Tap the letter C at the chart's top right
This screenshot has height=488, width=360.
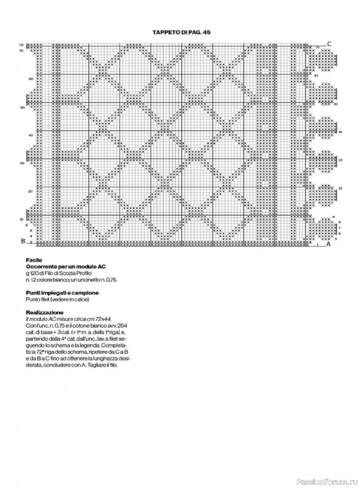[x=329, y=43]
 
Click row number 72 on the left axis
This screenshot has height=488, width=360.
[x=21, y=45]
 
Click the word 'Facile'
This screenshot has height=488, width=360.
[x=34, y=259]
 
